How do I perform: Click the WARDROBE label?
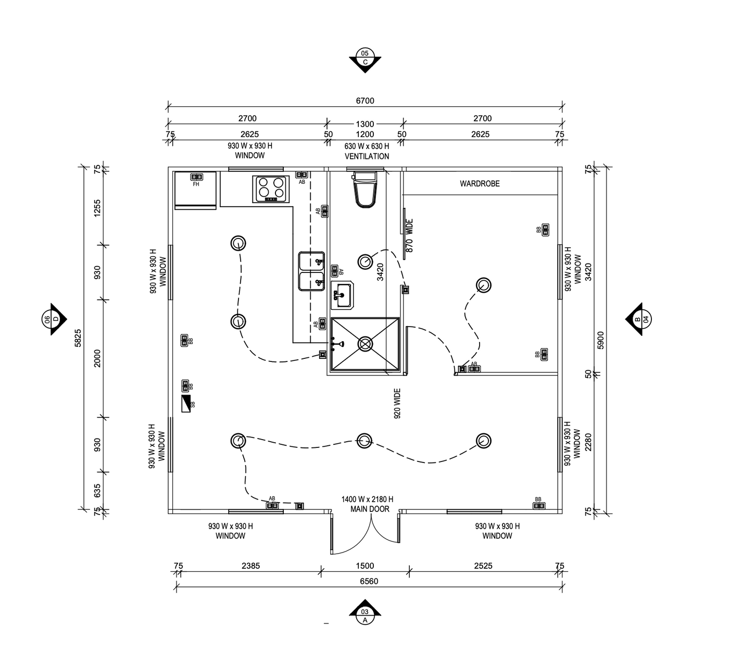pos(480,183)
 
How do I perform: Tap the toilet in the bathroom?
pos(365,190)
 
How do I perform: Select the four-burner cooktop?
pos(271,189)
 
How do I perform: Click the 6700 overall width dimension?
pos(365,101)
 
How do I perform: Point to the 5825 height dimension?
pos(78,338)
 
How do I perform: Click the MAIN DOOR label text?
pos(370,509)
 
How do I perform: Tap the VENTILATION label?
pos(367,156)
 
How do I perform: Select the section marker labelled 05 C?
pos(365,60)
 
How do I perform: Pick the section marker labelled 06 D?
pos(54,319)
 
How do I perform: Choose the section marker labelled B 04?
pos(638,319)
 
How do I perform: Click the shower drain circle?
pos(365,344)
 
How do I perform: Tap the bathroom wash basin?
pos(342,295)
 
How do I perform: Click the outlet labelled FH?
pos(197,177)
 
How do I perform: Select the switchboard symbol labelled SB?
pos(186,404)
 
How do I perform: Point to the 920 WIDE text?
pos(397,404)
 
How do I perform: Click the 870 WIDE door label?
pos(409,235)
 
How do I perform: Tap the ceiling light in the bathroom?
pos(365,261)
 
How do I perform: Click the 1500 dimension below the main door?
pos(365,566)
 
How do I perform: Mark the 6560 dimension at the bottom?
pos(369,581)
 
